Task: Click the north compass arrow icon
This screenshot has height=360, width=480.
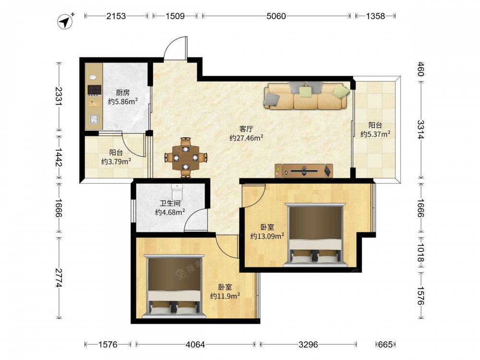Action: pos(65,22)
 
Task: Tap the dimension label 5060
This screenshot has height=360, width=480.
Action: pos(276,16)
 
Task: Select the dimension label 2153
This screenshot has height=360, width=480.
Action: pos(116,16)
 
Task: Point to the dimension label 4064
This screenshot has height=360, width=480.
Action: pos(195,345)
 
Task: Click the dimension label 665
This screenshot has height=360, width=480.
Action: pos(385,345)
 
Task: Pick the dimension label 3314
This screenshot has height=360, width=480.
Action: pos(421,130)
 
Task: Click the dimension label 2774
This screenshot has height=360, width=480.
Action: pos(59,278)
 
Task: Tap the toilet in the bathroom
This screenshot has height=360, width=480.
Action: pos(177,192)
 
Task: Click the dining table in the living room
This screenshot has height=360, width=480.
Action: pos(186,157)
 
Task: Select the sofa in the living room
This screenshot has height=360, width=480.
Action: pos(306,96)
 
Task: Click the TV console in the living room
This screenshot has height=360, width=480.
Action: pos(304,171)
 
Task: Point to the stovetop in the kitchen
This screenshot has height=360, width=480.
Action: pos(94,90)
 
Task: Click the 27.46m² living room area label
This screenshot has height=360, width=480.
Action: pos(246,138)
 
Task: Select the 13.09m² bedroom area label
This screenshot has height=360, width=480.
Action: pos(267,236)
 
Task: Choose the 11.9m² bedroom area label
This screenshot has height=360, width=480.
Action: pos(225,296)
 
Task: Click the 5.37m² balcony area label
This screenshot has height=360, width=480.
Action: pos(375,134)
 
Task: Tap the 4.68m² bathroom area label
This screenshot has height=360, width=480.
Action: pos(170,212)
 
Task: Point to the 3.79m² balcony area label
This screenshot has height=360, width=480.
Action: pos(116,161)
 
